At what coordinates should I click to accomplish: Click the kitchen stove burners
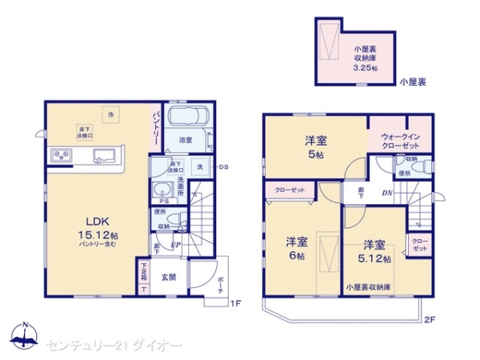(x=62, y=155)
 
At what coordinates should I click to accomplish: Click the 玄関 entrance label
(x=168, y=277)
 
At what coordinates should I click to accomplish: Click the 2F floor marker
(x=430, y=321)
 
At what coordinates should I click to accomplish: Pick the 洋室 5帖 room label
(x=314, y=146)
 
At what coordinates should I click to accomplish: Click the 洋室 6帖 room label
(x=296, y=248)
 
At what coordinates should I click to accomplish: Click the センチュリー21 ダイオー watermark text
(x=114, y=345)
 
